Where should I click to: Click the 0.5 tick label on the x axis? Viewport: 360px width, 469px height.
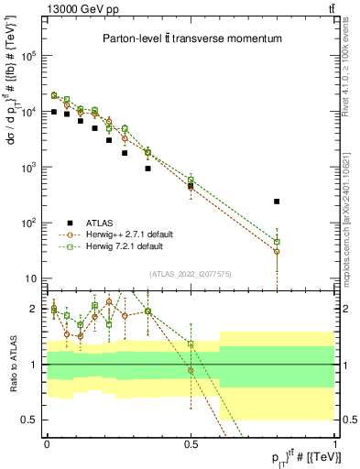(x=191, y=444)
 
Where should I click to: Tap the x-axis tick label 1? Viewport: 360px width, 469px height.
(x=334, y=444)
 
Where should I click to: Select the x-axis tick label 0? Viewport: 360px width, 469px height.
(x=47, y=444)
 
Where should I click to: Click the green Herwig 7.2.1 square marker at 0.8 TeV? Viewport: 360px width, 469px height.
(x=277, y=242)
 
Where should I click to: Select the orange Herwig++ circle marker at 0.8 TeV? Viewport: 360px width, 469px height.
(x=277, y=251)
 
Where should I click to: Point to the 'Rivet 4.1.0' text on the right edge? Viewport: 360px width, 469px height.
(x=350, y=37)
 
